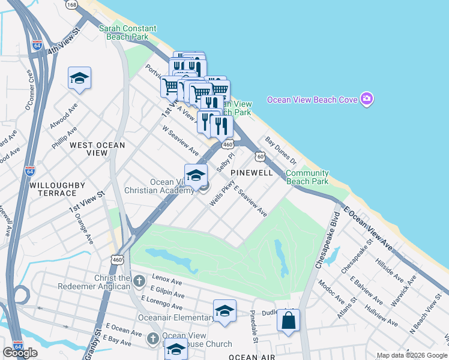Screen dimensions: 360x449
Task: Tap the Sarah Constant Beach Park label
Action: pyautogui.click(x=127, y=32)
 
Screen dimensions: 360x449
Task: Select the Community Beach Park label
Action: pyautogui.click(x=307, y=177)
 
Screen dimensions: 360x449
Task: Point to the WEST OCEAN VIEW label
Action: pyautogui.click(x=97, y=149)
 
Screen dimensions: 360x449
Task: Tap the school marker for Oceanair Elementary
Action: pyautogui.click(x=224, y=311)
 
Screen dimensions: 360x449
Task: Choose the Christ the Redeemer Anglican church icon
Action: pyautogui.click(x=139, y=280)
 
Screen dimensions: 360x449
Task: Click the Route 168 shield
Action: pyautogui.click(x=72, y=5)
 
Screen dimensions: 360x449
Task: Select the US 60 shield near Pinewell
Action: pyautogui.click(x=260, y=157)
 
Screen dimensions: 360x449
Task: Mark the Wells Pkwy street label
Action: pyautogui.click(x=220, y=196)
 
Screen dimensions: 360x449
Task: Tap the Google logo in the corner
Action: pyautogui.click(x=20, y=353)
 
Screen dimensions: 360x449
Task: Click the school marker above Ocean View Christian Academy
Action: pyautogui.click(x=196, y=175)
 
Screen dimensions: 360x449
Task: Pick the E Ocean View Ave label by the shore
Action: pyautogui.click(x=368, y=230)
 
